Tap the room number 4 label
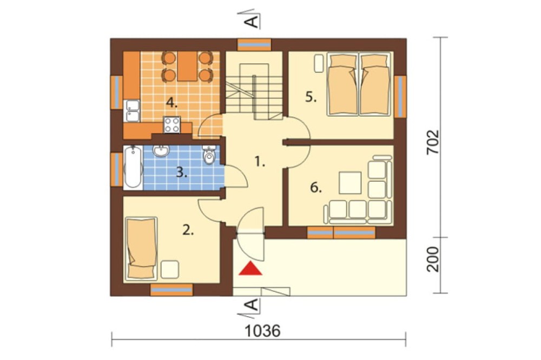point(171,102)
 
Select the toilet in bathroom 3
point(209,155)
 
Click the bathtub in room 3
point(133,167)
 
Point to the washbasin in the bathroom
point(161,151)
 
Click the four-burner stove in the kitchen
point(172,124)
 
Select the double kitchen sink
point(132,111)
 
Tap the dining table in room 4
point(187,66)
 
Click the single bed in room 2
point(141,248)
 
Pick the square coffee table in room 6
point(350,183)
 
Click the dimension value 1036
point(262,331)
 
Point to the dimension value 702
point(433,142)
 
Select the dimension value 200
point(433,259)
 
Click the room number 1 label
point(260,162)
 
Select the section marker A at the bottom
point(252,305)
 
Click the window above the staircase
point(254,45)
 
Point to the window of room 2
point(171,290)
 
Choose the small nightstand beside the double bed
point(318,64)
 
